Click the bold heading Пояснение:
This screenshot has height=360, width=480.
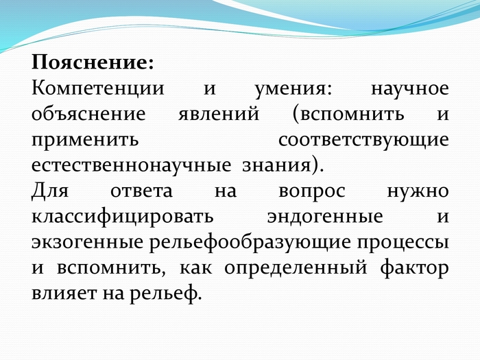click(93, 62)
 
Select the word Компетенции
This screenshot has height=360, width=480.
click(98, 89)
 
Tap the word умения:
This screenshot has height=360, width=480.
click(293, 90)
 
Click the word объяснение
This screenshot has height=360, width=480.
click(88, 115)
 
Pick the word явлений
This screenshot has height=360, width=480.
click(219, 115)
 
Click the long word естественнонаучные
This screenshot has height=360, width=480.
click(131, 166)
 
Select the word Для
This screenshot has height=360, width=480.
click(50, 191)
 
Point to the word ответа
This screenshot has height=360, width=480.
click(141, 191)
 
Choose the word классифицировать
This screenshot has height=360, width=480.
click(123, 217)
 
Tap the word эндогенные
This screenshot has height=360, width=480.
click(325, 217)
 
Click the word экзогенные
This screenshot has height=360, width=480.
click(87, 243)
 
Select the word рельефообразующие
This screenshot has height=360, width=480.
click(250, 243)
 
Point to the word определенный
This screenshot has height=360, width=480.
click(296, 269)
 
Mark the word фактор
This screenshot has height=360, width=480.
click(415, 269)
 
